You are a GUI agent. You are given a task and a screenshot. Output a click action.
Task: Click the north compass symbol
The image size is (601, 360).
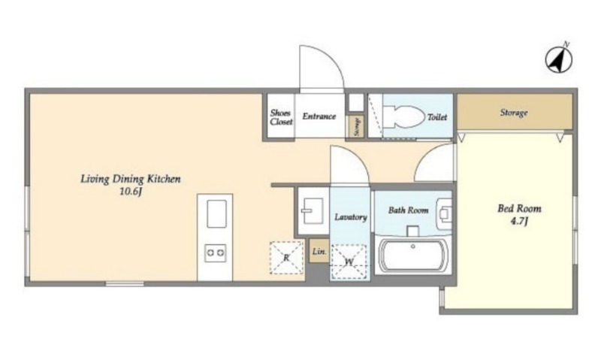click(x=559, y=59)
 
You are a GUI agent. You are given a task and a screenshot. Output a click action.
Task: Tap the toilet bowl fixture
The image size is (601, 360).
click(x=404, y=116)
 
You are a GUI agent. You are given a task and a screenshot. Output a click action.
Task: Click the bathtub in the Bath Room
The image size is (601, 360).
click(x=413, y=256)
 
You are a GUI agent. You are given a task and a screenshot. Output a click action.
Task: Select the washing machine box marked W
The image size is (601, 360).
click(x=349, y=262)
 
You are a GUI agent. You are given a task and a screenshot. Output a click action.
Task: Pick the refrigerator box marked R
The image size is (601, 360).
click(x=287, y=258)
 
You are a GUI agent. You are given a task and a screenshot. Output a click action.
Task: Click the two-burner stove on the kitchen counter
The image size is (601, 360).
click(x=215, y=253)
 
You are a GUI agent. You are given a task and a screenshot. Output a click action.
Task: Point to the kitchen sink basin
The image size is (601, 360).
click(x=216, y=213)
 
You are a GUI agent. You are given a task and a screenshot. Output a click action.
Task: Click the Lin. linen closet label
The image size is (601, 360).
click(x=319, y=252)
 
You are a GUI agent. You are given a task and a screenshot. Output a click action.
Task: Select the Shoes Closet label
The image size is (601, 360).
click(x=281, y=117)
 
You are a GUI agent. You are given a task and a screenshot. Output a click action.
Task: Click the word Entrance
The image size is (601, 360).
click(x=319, y=116)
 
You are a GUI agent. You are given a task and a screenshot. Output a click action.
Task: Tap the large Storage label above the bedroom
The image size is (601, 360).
click(x=514, y=113)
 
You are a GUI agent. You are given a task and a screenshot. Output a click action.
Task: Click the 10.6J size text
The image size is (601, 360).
click(x=131, y=192)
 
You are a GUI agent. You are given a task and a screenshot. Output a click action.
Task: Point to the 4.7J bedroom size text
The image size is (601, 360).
click(x=519, y=221)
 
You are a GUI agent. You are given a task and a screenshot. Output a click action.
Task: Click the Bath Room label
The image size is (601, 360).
click(x=408, y=210)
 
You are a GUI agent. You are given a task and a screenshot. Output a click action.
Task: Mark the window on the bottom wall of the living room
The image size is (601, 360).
click(x=125, y=283)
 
